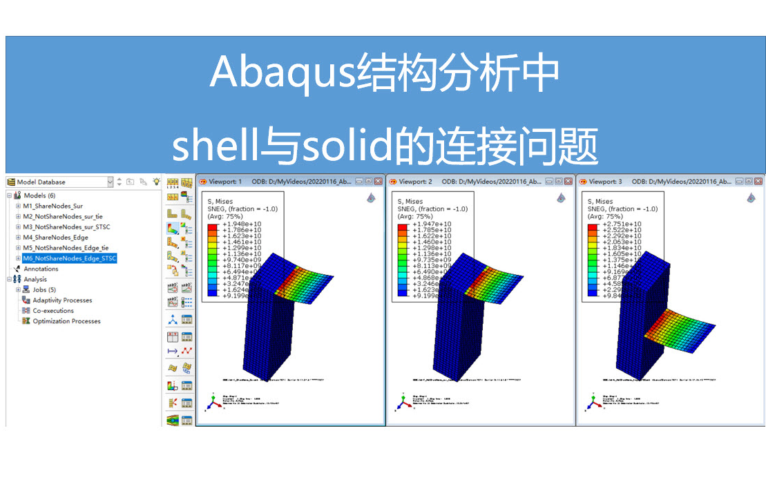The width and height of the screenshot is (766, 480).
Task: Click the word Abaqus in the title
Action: (282, 72)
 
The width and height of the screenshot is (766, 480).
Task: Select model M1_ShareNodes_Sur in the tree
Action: (52, 206)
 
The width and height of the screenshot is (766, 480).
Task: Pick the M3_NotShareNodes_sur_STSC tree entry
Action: (66, 227)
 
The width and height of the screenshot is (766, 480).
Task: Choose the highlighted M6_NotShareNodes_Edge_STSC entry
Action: (70, 258)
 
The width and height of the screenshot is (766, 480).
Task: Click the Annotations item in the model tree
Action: (41, 269)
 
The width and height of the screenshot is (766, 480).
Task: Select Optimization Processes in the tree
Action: (66, 321)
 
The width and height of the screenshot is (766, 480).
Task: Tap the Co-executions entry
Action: (53, 311)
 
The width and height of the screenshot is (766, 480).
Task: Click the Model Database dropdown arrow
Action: (110, 182)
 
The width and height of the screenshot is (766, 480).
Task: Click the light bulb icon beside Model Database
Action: (157, 182)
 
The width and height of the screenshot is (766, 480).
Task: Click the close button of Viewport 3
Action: (759, 181)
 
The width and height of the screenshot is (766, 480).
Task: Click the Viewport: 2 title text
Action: (415, 182)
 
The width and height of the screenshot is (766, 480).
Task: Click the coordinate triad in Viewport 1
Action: (213, 402)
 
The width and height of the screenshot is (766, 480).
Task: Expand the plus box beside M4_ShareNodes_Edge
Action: (18, 237)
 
